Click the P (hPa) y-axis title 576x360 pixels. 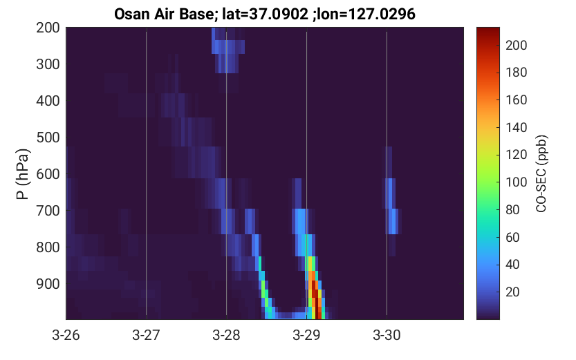[x=23, y=174]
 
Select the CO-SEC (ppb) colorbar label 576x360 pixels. [x=541, y=174]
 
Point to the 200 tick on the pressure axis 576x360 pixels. [x=48, y=28]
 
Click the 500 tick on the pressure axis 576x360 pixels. [x=48, y=138]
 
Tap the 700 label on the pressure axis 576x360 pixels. [x=48, y=211]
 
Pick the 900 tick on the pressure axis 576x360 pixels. [x=48, y=284]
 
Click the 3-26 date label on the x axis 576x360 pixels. [x=66, y=335]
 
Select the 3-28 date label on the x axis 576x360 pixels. [x=226, y=335]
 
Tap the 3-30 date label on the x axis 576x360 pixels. [x=387, y=335]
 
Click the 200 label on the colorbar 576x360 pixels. [x=517, y=45]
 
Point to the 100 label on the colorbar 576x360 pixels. [x=517, y=182]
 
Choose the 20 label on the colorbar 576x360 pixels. [x=512, y=292]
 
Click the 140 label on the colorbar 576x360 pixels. [x=517, y=127]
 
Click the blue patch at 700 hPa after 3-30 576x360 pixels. [x=393, y=221]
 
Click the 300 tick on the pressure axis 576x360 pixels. [x=48, y=64]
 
